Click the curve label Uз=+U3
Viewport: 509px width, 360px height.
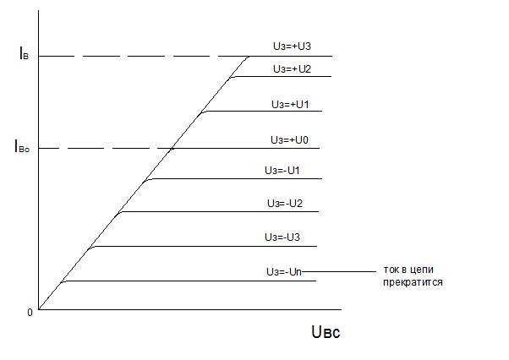pos(290,47)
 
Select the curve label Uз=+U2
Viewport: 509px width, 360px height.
pos(293,68)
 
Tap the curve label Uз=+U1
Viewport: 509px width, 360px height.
pos(289,104)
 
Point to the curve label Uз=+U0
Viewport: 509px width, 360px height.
pos(288,139)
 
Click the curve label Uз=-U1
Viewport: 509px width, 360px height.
pos(283,171)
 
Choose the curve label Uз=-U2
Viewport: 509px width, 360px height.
pos(285,204)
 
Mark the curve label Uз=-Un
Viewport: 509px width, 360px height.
pos(282,271)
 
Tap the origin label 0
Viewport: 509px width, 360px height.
pos(30,312)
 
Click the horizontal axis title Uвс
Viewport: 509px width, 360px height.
pos(326,332)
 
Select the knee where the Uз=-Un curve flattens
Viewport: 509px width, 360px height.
pos(63,281)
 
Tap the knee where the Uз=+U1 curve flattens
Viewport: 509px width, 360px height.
pos(204,112)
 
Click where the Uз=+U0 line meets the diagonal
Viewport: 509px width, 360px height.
pos(172,148)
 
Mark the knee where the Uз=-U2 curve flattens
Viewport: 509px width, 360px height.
pos(120,212)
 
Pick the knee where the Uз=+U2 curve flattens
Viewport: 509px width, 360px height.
pos(233,77)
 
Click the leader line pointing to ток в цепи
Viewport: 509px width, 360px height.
pos(338,271)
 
